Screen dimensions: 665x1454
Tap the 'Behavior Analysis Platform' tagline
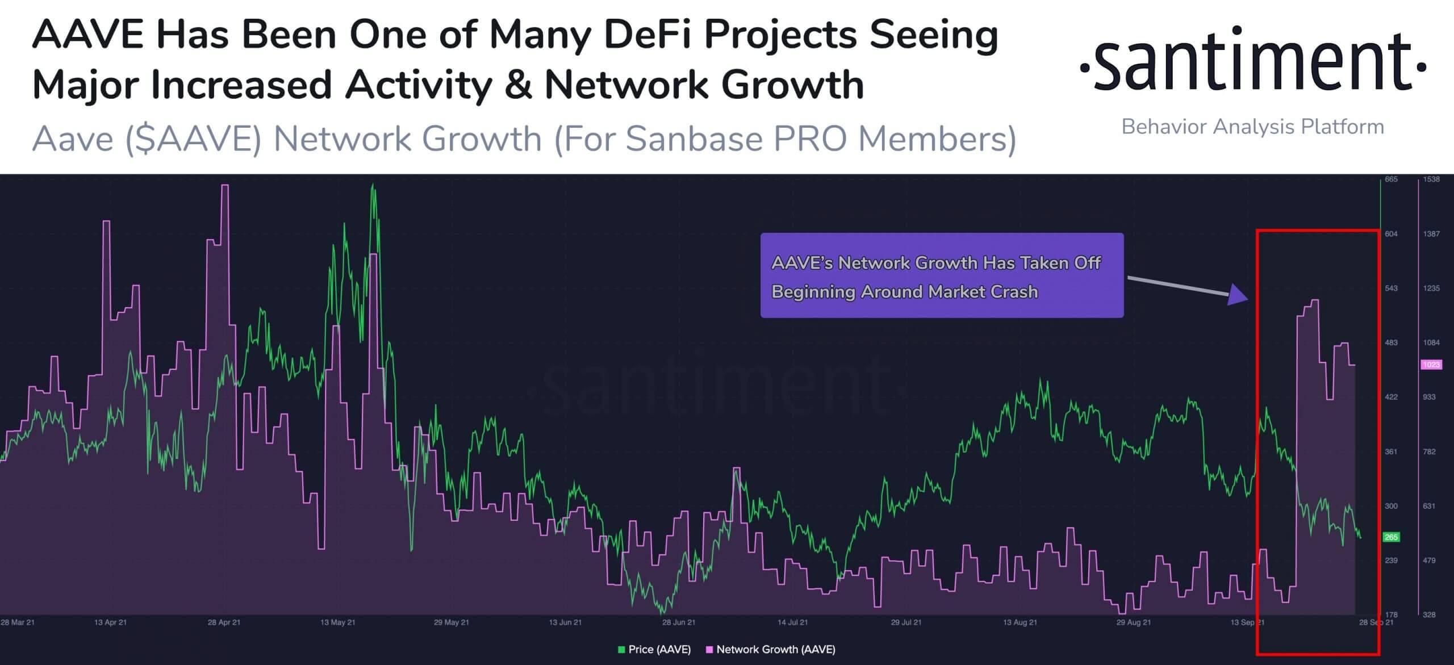click(x=1252, y=127)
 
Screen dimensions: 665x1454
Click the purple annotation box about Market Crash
click(x=942, y=275)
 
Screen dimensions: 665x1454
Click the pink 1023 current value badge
click(x=1431, y=365)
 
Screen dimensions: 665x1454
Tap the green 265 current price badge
click(x=1391, y=537)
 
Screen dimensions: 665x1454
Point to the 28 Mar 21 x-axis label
click(x=18, y=622)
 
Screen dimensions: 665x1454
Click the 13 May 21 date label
click(x=338, y=622)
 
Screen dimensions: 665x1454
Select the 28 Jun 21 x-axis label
click(x=679, y=622)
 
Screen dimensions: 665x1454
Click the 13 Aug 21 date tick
click(x=1020, y=622)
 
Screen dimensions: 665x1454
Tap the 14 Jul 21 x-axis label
click(x=793, y=622)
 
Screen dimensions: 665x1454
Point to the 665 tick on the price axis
click(x=1391, y=179)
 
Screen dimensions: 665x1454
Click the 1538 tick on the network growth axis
click(x=1431, y=179)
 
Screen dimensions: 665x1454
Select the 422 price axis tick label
click(x=1391, y=397)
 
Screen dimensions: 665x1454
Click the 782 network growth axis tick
click(x=1430, y=451)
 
